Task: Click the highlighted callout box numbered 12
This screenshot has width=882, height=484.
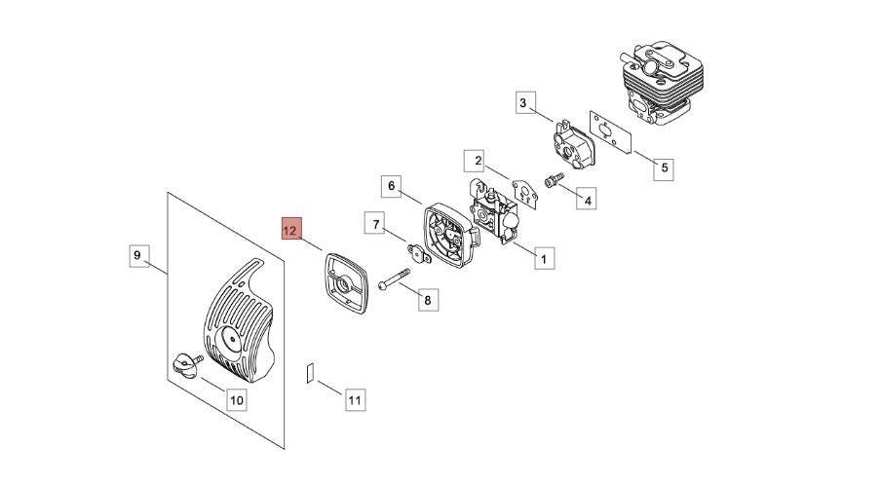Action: tap(291, 230)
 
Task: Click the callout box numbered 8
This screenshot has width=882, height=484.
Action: tap(426, 300)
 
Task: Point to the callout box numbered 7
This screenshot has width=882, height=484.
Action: tap(376, 224)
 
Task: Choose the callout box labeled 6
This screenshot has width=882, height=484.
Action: tap(390, 185)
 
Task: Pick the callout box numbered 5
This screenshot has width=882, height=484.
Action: tap(663, 168)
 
